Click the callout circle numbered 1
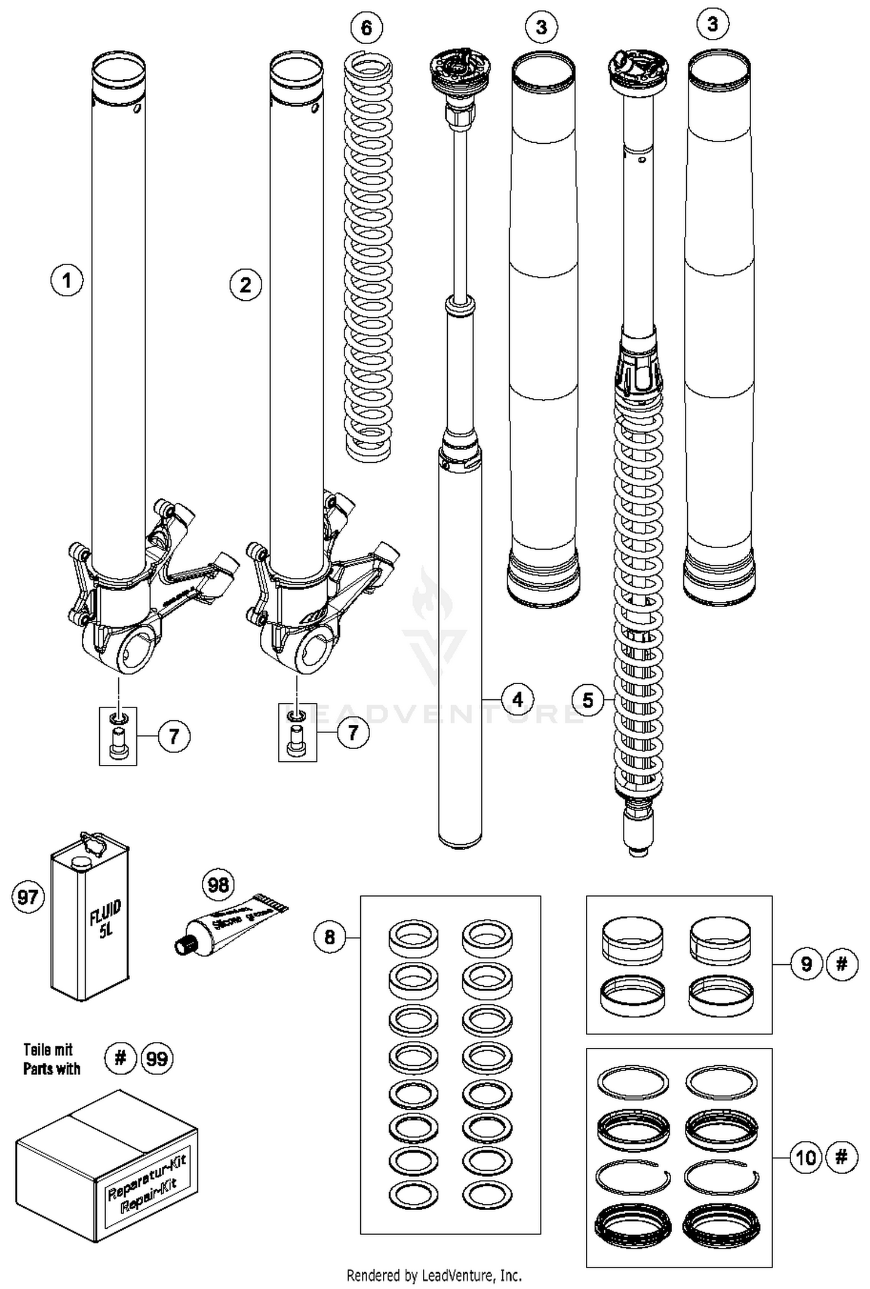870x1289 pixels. click(67, 281)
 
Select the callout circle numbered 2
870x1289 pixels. click(245, 285)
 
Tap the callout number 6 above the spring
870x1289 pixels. click(367, 27)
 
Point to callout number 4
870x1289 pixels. click(517, 700)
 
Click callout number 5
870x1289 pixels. click(588, 700)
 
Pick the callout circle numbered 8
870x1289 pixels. click(329, 936)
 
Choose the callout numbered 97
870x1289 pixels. click(28, 898)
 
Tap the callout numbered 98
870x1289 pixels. click(218, 885)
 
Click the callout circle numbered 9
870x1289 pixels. click(807, 964)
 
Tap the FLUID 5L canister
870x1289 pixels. click(90, 922)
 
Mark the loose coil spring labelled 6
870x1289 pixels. click(368, 255)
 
